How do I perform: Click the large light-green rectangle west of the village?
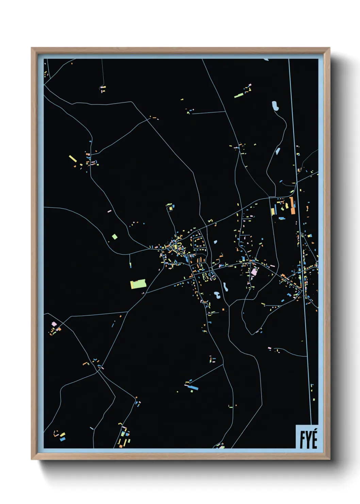click(138, 284)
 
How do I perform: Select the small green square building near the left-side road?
click(115, 236)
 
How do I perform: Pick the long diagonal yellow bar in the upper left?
click(73, 159)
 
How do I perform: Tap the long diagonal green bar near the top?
click(239, 95)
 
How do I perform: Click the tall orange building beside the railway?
click(292, 205)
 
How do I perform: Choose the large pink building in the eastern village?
click(254, 272)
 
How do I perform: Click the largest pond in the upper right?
click(275, 106)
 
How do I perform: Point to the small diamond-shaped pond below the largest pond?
click(278, 150)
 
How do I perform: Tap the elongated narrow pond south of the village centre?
click(225, 287)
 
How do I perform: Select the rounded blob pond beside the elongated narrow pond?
click(217, 295)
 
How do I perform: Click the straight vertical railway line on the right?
click(299, 238)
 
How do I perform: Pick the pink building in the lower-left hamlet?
click(53, 323)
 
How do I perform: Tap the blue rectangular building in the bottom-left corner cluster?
click(63, 439)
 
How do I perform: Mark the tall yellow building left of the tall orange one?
click(273, 210)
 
